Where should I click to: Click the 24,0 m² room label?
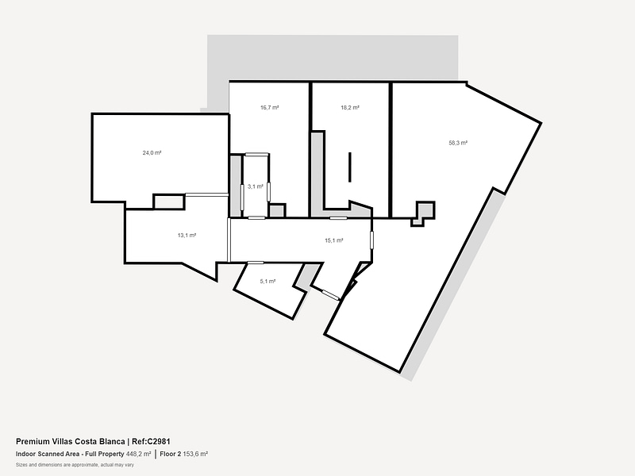coord(152,153)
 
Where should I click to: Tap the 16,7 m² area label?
coord(269,108)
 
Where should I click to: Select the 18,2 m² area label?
coord(350,108)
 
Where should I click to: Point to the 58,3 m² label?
coord(458,143)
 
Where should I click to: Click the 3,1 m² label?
coord(255,186)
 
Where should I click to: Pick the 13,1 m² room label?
coord(187,235)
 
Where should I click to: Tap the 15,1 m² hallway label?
coord(333,240)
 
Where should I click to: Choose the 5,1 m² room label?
coord(267,282)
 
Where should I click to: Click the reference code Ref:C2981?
coord(151,442)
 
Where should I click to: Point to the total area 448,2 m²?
coord(138,454)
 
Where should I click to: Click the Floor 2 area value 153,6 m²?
coord(195,454)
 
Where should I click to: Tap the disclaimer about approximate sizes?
coord(75,465)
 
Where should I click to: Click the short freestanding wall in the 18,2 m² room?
coord(350,167)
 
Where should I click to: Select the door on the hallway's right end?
coord(371,240)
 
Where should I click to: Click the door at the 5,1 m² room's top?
coord(256,263)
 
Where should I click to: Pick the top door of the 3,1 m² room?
coord(256,154)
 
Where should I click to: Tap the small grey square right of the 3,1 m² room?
coord(277,211)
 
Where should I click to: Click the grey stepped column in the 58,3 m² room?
coord(423,212)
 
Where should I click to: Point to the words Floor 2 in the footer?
coord(171,454)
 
